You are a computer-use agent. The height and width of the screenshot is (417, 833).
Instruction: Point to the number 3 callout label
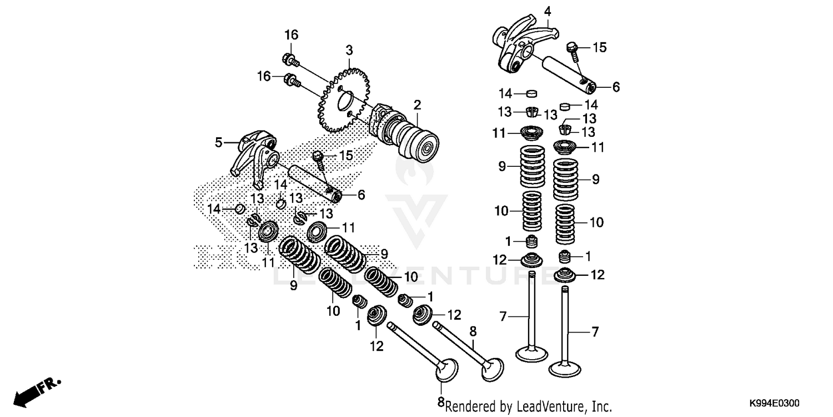click(349, 51)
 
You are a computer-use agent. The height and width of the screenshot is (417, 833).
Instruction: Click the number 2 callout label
click(417, 105)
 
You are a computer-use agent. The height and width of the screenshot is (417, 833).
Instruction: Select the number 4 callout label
click(547, 11)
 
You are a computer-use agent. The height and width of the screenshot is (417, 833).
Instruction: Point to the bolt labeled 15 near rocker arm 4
click(572, 48)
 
